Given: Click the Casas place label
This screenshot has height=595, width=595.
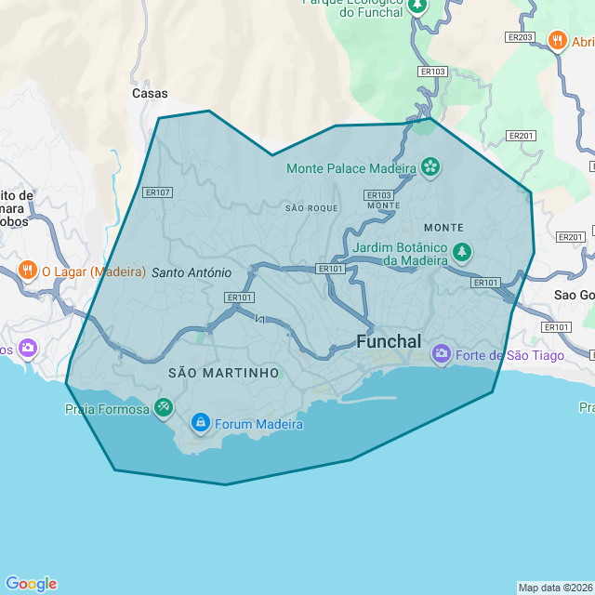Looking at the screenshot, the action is [150, 94].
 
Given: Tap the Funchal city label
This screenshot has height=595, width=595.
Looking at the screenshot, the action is [389, 341].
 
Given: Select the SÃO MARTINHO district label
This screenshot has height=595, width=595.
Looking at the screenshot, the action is [223, 373].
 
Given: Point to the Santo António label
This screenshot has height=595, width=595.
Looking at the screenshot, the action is [191, 272].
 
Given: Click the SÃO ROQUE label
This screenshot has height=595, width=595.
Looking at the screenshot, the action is [311, 208].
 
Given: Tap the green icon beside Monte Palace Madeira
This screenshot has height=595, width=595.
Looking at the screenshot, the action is [430, 168].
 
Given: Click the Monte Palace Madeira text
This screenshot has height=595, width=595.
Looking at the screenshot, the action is [351, 169].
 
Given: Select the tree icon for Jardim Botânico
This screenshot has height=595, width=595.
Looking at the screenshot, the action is [461, 252].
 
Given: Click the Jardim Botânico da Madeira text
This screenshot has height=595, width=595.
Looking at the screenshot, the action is [402, 254].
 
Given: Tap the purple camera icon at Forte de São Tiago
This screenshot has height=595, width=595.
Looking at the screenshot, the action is [442, 354].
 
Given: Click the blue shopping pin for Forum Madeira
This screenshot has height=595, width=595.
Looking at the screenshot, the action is [200, 424].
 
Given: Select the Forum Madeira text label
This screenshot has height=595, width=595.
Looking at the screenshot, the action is [258, 425].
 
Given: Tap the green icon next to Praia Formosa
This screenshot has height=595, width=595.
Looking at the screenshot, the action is [163, 407].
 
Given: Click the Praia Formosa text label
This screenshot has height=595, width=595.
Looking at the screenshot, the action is [107, 408].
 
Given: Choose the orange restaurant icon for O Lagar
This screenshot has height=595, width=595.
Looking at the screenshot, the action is [28, 271].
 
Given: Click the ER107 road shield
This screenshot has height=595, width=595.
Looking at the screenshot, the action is [157, 192].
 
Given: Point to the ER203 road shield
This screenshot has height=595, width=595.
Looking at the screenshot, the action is [521, 37].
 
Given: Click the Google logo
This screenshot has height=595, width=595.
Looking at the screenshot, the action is [31, 584].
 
